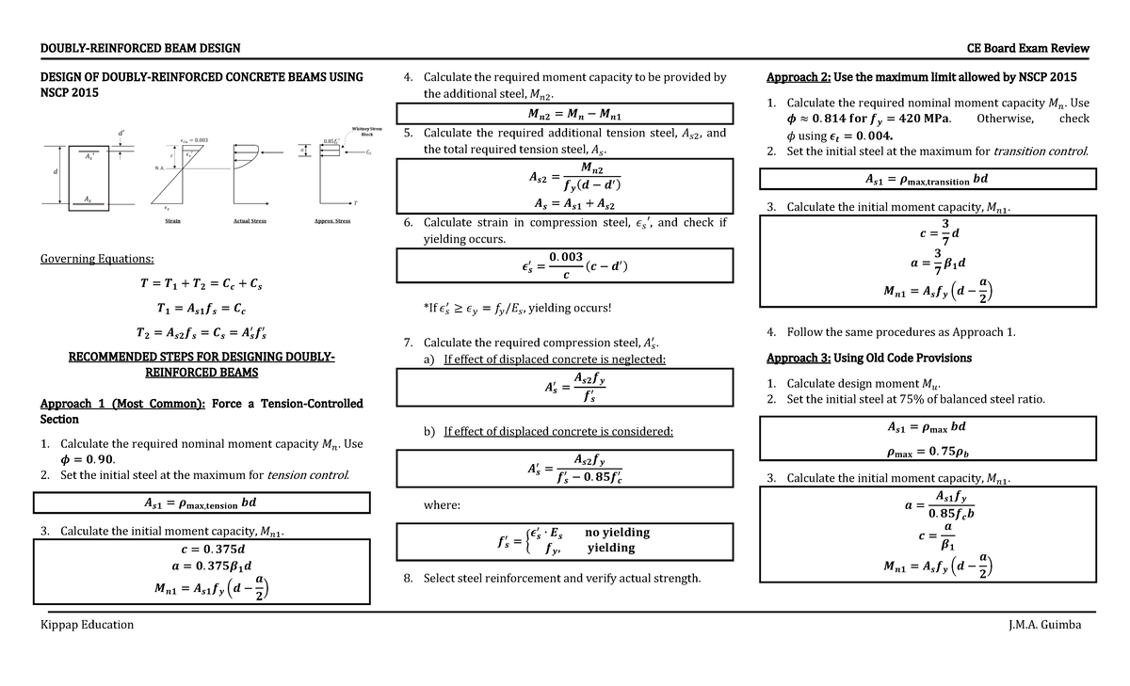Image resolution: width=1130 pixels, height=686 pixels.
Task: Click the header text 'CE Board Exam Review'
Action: [1028, 48]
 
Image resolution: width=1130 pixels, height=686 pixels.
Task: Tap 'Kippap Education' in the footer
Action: [87, 625]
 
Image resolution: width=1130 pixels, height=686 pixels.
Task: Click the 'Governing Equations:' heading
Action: [97, 260]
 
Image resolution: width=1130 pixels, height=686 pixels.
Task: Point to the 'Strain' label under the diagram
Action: [173, 220]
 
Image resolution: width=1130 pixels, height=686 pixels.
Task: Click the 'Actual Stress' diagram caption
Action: [250, 220]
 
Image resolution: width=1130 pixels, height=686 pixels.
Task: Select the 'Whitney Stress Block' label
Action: [366, 131]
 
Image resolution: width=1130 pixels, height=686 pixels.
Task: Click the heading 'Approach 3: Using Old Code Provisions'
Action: [869, 358]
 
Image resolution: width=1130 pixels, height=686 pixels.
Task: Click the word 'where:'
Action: [442, 505]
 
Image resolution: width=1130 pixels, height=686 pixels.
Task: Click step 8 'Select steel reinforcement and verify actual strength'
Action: [561, 578]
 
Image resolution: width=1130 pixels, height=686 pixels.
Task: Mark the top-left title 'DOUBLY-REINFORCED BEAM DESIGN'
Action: [139, 48]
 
